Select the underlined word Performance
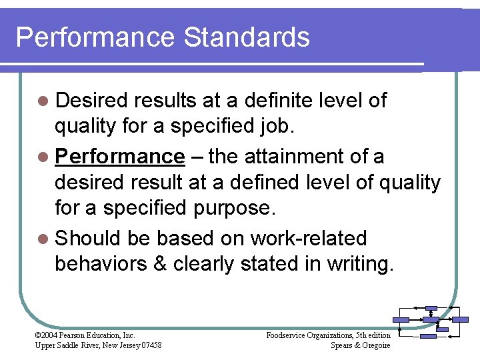pos(120,157)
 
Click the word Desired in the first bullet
pos(91,101)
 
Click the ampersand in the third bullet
pos(160,264)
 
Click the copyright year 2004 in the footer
pos(49,335)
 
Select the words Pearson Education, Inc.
pos(97,335)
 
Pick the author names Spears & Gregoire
pos(361,345)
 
